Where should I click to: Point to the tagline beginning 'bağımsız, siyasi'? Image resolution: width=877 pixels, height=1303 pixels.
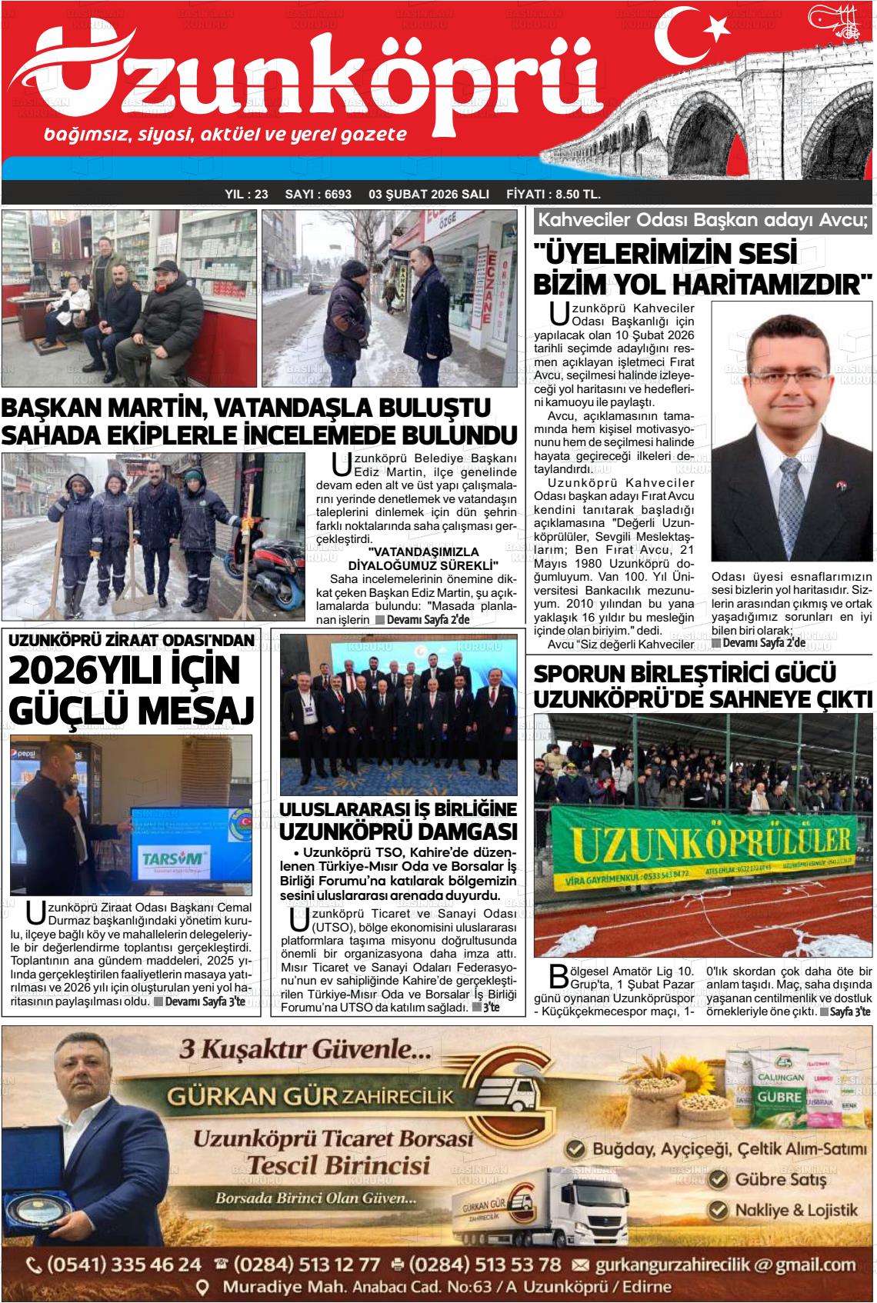pos(225,135)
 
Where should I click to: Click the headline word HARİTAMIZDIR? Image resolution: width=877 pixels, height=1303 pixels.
pos(770,284)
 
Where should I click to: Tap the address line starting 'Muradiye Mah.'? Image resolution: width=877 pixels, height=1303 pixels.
pos(446,1287)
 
